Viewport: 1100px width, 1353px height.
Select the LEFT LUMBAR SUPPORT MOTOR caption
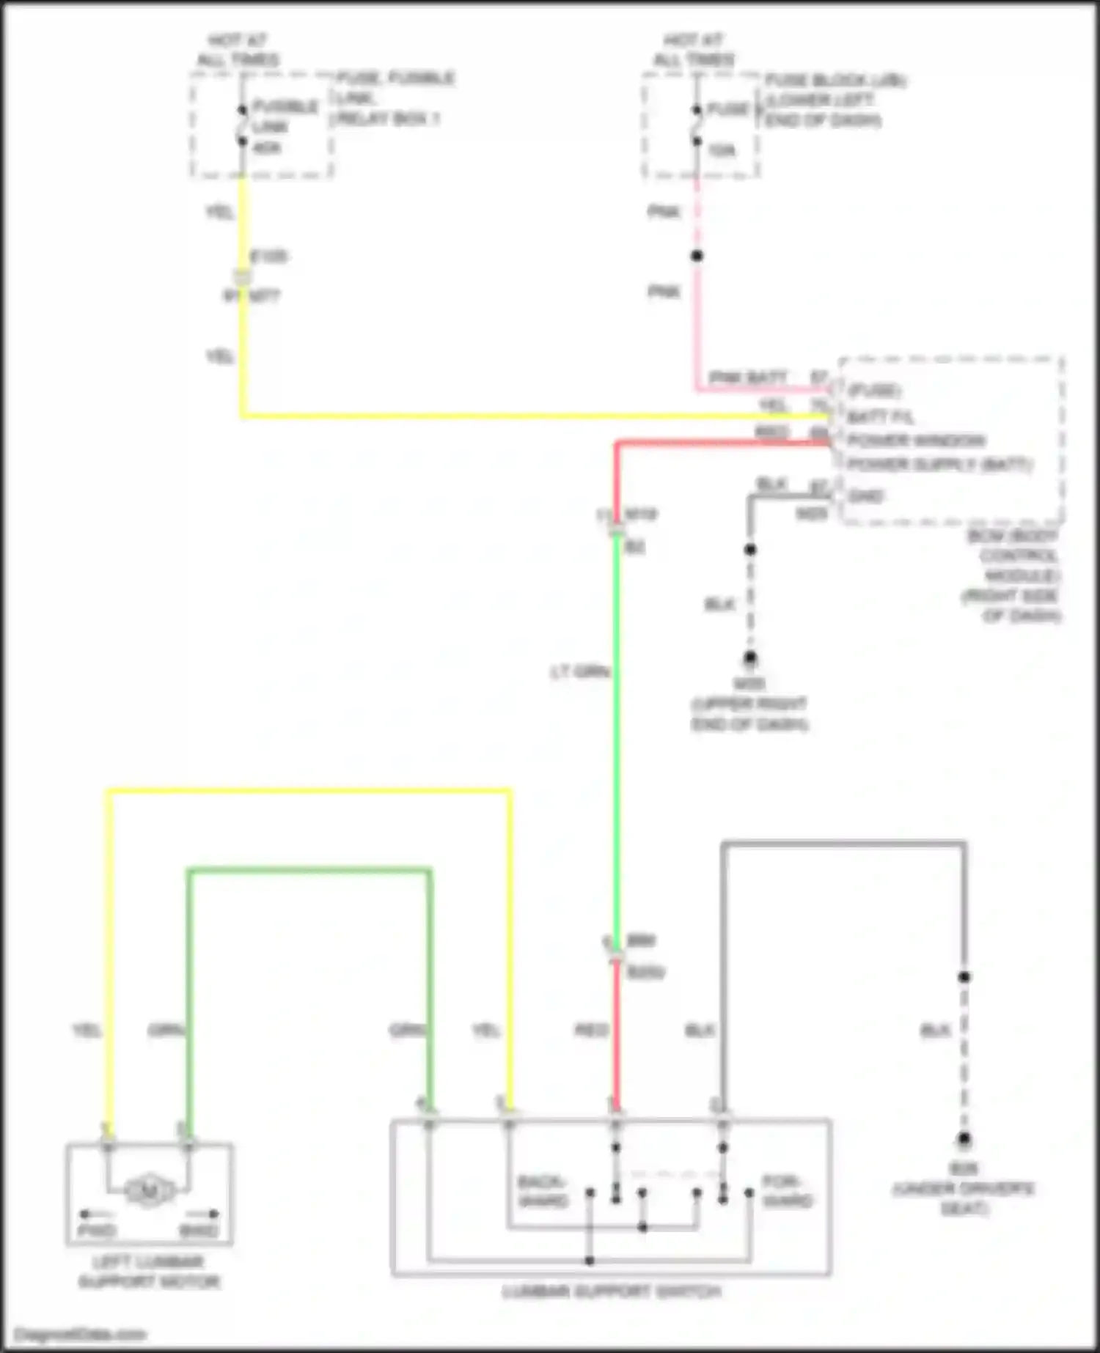(149, 1272)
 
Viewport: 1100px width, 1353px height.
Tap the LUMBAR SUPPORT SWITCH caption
(612, 1291)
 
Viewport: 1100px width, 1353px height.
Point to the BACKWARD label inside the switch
(543, 1191)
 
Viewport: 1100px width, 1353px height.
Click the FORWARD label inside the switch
(787, 1191)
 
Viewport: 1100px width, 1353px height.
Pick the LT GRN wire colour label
(580, 671)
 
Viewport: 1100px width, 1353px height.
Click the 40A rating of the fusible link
(267, 148)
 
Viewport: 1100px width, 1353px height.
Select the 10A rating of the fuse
(722, 151)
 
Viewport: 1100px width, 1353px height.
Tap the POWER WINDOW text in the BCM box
(916, 440)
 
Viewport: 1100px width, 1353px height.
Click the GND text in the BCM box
(865, 496)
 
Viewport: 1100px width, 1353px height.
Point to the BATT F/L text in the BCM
(881, 417)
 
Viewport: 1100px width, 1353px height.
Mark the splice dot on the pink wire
(697, 256)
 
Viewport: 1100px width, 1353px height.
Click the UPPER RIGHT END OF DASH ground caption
(749, 714)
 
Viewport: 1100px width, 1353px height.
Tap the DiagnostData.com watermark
(80, 1334)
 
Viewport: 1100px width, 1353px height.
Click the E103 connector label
(269, 257)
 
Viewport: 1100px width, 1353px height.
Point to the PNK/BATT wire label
(747, 377)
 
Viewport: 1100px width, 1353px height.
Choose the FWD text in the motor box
(97, 1231)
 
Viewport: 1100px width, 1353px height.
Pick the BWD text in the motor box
(199, 1231)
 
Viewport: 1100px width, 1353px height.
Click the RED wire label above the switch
(591, 1031)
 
